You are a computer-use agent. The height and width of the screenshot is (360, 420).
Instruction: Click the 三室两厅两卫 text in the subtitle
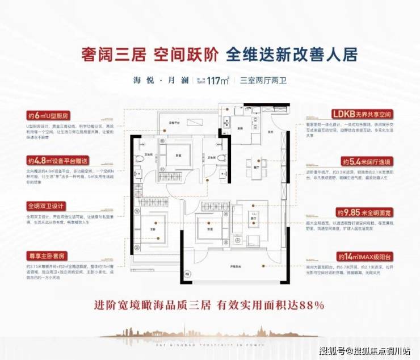(264, 81)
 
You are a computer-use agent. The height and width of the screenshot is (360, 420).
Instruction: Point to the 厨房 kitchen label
(240, 129)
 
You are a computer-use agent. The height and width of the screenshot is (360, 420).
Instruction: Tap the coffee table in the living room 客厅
(254, 219)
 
